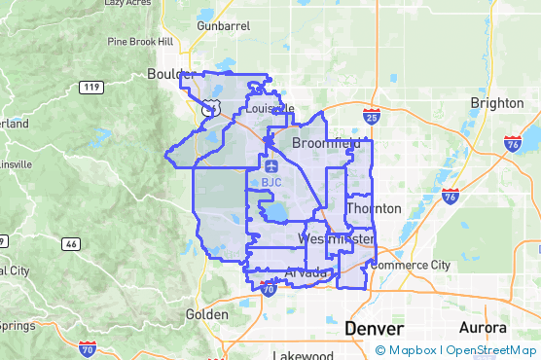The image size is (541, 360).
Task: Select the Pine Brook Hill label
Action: pyautogui.click(x=140, y=42)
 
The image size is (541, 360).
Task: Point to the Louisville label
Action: pyautogui.click(x=270, y=109)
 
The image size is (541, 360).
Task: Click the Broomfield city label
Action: pyautogui.click(x=326, y=142)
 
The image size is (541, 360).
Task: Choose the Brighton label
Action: pyautogui.click(x=496, y=102)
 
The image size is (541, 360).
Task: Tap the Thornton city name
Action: pyautogui.click(x=374, y=208)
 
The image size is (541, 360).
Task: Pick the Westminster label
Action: pyautogui.click(x=336, y=238)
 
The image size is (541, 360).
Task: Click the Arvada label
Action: pyautogui.click(x=307, y=271)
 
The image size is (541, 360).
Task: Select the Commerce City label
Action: pyautogui.click(x=411, y=265)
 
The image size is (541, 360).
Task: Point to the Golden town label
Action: pyautogui.click(x=207, y=314)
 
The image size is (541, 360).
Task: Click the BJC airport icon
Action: pyautogui.click(x=271, y=166)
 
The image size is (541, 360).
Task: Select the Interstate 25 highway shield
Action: pyautogui.click(x=372, y=117)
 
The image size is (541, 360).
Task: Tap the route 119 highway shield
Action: pyautogui.click(x=93, y=88)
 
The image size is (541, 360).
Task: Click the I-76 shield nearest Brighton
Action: pyautogui.click(x=513, y=144)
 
